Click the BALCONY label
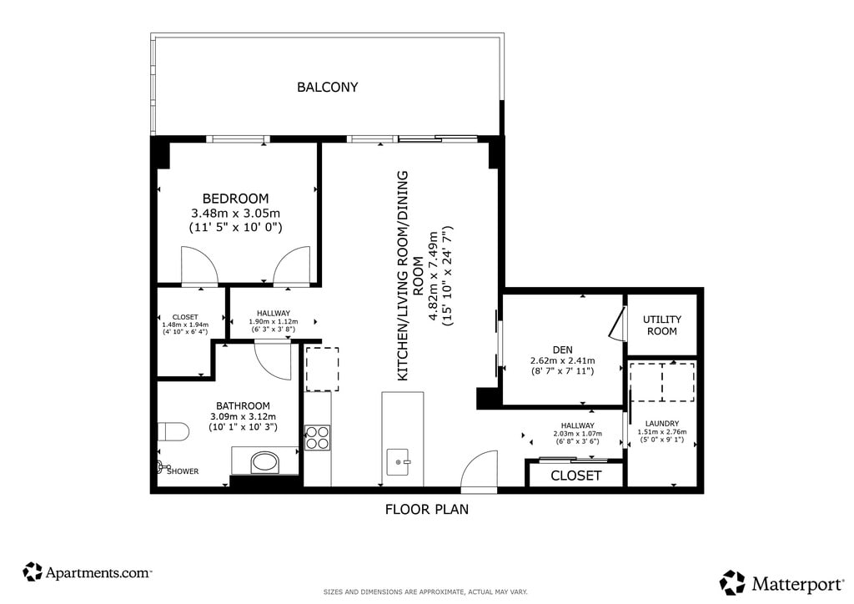pos(327,87)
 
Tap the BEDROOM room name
pos(235,199)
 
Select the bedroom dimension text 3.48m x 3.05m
pos(235,213)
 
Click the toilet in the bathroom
pos(173,432)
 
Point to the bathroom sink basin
pos(265,463)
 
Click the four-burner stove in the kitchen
pos(317,437)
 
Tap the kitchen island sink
pos(399,462)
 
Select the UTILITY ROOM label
pos(661,325)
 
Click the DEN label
pos(563,350)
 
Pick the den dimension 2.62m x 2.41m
pos(563,360)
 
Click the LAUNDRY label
pos(661,423)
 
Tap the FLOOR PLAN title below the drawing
pos(427,509)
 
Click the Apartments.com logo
pos(87,572)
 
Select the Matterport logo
pos(781,583)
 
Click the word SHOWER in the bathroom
pos(183,471)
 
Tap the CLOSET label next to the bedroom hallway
pos(185,317)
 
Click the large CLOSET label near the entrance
pos(575,476)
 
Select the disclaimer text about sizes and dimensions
pos(425,591)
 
